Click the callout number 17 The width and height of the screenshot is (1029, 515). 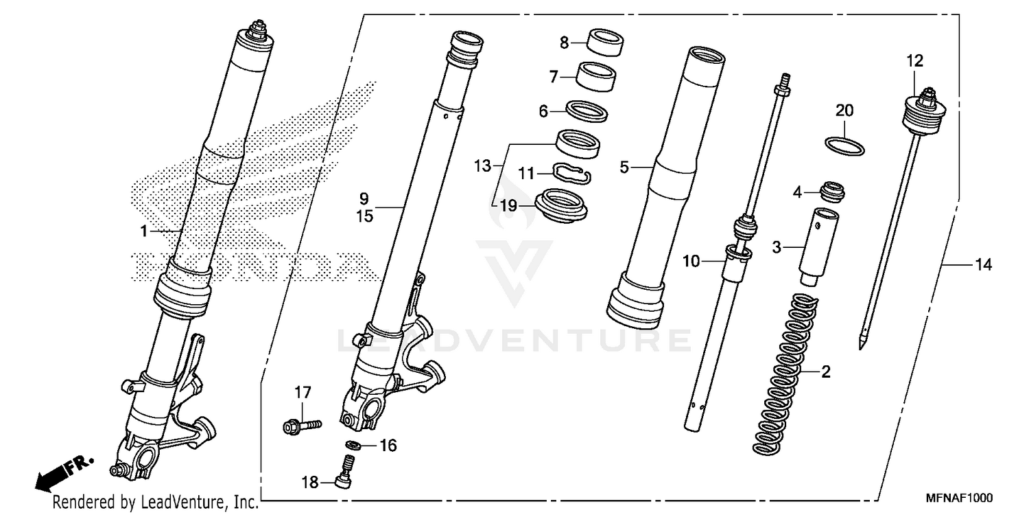tap(303, 393)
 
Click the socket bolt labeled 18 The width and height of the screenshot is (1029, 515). tap(345, 474)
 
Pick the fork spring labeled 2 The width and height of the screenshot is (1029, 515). tap(785, 374)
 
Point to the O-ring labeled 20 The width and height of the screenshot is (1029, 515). tap(843, 146)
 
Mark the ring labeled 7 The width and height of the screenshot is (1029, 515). tap(595, 75)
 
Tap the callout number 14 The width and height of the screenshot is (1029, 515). tap(984, 265)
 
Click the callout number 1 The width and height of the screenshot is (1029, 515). tap(144, 232)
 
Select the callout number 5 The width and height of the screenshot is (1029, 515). tap(624, 167)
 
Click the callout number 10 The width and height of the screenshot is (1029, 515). tap(691, 261)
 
